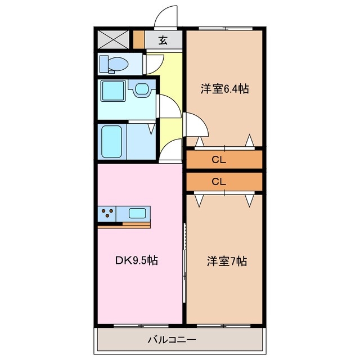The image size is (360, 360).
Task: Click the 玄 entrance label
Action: point(163,40)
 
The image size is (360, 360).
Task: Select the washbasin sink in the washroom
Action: point(141,88)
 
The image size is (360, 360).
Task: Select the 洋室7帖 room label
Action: point(226,261)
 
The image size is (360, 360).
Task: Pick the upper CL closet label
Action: point(219,160)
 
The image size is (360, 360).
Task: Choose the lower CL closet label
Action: point(219,181)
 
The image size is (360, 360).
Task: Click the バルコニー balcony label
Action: point(172,340)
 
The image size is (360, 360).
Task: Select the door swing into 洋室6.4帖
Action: point(194,125)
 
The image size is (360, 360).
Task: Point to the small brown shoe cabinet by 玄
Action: point(139,40)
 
